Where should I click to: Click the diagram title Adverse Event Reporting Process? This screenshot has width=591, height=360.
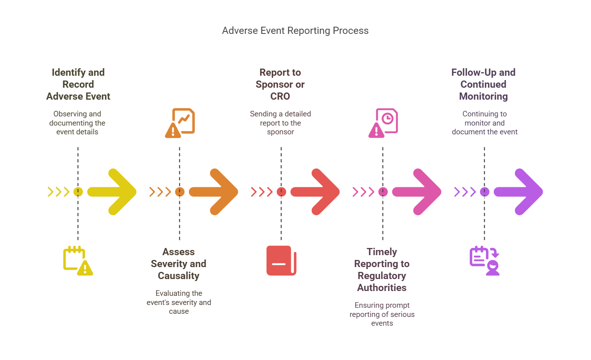[295, 31]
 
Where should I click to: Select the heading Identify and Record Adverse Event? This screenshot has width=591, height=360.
[78, 85]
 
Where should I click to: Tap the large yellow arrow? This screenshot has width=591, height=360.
[114, 192]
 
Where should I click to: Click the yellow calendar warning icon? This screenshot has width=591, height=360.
[78, 261]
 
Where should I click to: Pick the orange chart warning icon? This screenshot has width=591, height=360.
[180, 123]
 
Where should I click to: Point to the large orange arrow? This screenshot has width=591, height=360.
[215, 192]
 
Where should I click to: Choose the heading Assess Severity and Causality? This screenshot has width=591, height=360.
[179, 264]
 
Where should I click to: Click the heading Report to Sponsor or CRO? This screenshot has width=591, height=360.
[280, 85]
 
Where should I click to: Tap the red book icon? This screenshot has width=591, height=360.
[281, 261]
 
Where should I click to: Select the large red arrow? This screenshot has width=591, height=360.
[317, 192]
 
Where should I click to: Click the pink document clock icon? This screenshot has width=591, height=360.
[383, 123]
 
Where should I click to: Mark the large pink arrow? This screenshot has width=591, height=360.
[418, 192]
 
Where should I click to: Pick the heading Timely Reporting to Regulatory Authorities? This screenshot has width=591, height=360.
[382, 270]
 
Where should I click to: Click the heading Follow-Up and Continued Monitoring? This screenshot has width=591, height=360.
[483, 85]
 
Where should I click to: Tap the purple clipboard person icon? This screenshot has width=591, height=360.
[485, 261]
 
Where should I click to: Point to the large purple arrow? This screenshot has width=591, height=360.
[520, 192]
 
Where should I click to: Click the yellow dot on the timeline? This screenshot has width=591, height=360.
[78, 192]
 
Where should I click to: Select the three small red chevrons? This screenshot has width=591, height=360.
[261, 192]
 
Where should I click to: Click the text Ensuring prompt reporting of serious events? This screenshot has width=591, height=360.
[382, 314]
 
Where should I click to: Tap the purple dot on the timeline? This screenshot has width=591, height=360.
[485, 192]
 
